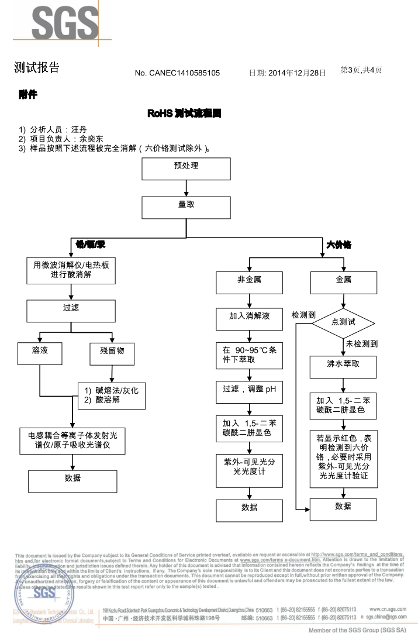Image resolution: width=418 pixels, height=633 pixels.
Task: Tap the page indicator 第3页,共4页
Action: tap(361, 70)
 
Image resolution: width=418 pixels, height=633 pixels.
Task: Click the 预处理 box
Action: tap(186, 168)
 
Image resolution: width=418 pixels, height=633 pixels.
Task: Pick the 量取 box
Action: tap(186, 208)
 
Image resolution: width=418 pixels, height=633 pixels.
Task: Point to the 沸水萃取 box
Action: tap(343, 367)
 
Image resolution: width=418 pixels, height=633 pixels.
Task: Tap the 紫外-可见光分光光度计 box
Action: tap(249, 470)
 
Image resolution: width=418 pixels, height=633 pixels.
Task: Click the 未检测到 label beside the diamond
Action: tap(361, 344)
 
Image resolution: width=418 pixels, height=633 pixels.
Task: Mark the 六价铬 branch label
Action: tap(338, 245)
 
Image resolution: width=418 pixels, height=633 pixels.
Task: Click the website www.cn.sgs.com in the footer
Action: tap(388, 609)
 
